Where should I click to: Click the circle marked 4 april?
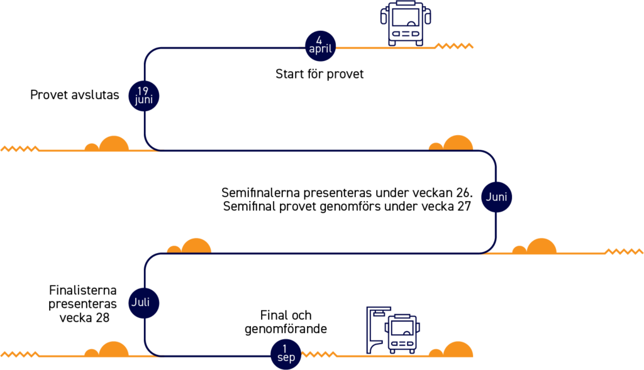tap(320, 46)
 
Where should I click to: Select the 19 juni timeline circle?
tap(143, 95)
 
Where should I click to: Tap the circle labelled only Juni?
tap(496, 197)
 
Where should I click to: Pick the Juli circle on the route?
tap(143, 303)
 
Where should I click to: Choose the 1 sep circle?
tap(286, 354)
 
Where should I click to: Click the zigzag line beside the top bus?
tap(453, 46)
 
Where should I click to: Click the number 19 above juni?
tap(143, 91)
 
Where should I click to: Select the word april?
tap(320, 50)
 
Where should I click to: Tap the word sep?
tap(286, 358)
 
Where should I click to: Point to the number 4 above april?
tap(319, 41)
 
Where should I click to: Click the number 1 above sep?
tap(285, 349)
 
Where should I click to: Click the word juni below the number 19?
tap(143, 100)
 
